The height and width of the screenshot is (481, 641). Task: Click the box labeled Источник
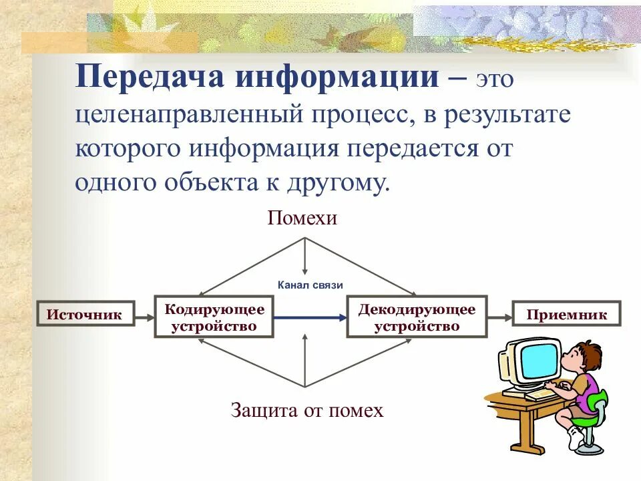pos(85,314)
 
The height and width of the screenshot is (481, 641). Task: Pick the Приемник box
pos(567,315)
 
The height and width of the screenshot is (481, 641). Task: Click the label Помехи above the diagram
pos(302,218)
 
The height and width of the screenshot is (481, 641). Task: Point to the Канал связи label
pos(310,285)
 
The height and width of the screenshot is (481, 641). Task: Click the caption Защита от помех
pos(307,410)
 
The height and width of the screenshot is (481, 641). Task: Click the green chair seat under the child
pos(584,420)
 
